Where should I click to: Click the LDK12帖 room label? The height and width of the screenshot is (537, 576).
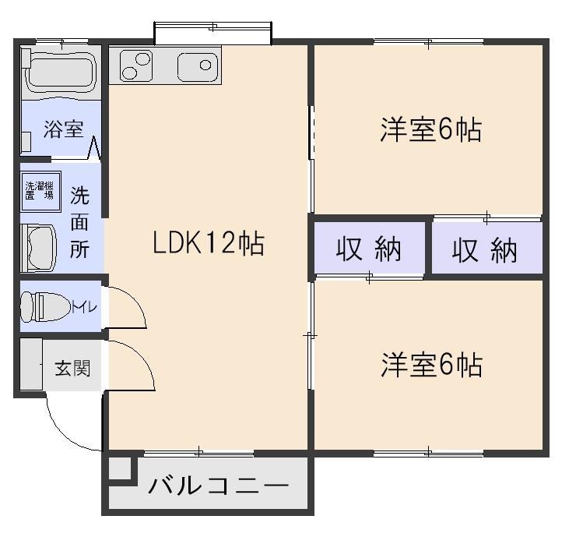(208, 244)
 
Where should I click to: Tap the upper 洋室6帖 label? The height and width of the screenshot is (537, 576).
(430, 130)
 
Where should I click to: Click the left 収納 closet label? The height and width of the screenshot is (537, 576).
(369, 250)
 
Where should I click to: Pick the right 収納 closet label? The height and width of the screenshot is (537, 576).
(486, 250)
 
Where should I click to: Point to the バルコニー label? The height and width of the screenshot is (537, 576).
(219, 487)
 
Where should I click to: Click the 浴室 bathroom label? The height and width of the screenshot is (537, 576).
(63, 129)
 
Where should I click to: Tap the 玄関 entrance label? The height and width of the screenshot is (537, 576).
(72, 367)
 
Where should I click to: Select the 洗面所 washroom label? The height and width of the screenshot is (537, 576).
(79, 222)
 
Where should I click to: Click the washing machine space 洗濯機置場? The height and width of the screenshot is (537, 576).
(39, 191)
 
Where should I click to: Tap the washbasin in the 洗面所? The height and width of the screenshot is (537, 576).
(37, 247)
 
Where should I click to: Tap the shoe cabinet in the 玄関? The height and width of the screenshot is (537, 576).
(31, 364)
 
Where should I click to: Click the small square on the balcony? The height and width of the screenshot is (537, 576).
(118, 469)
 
